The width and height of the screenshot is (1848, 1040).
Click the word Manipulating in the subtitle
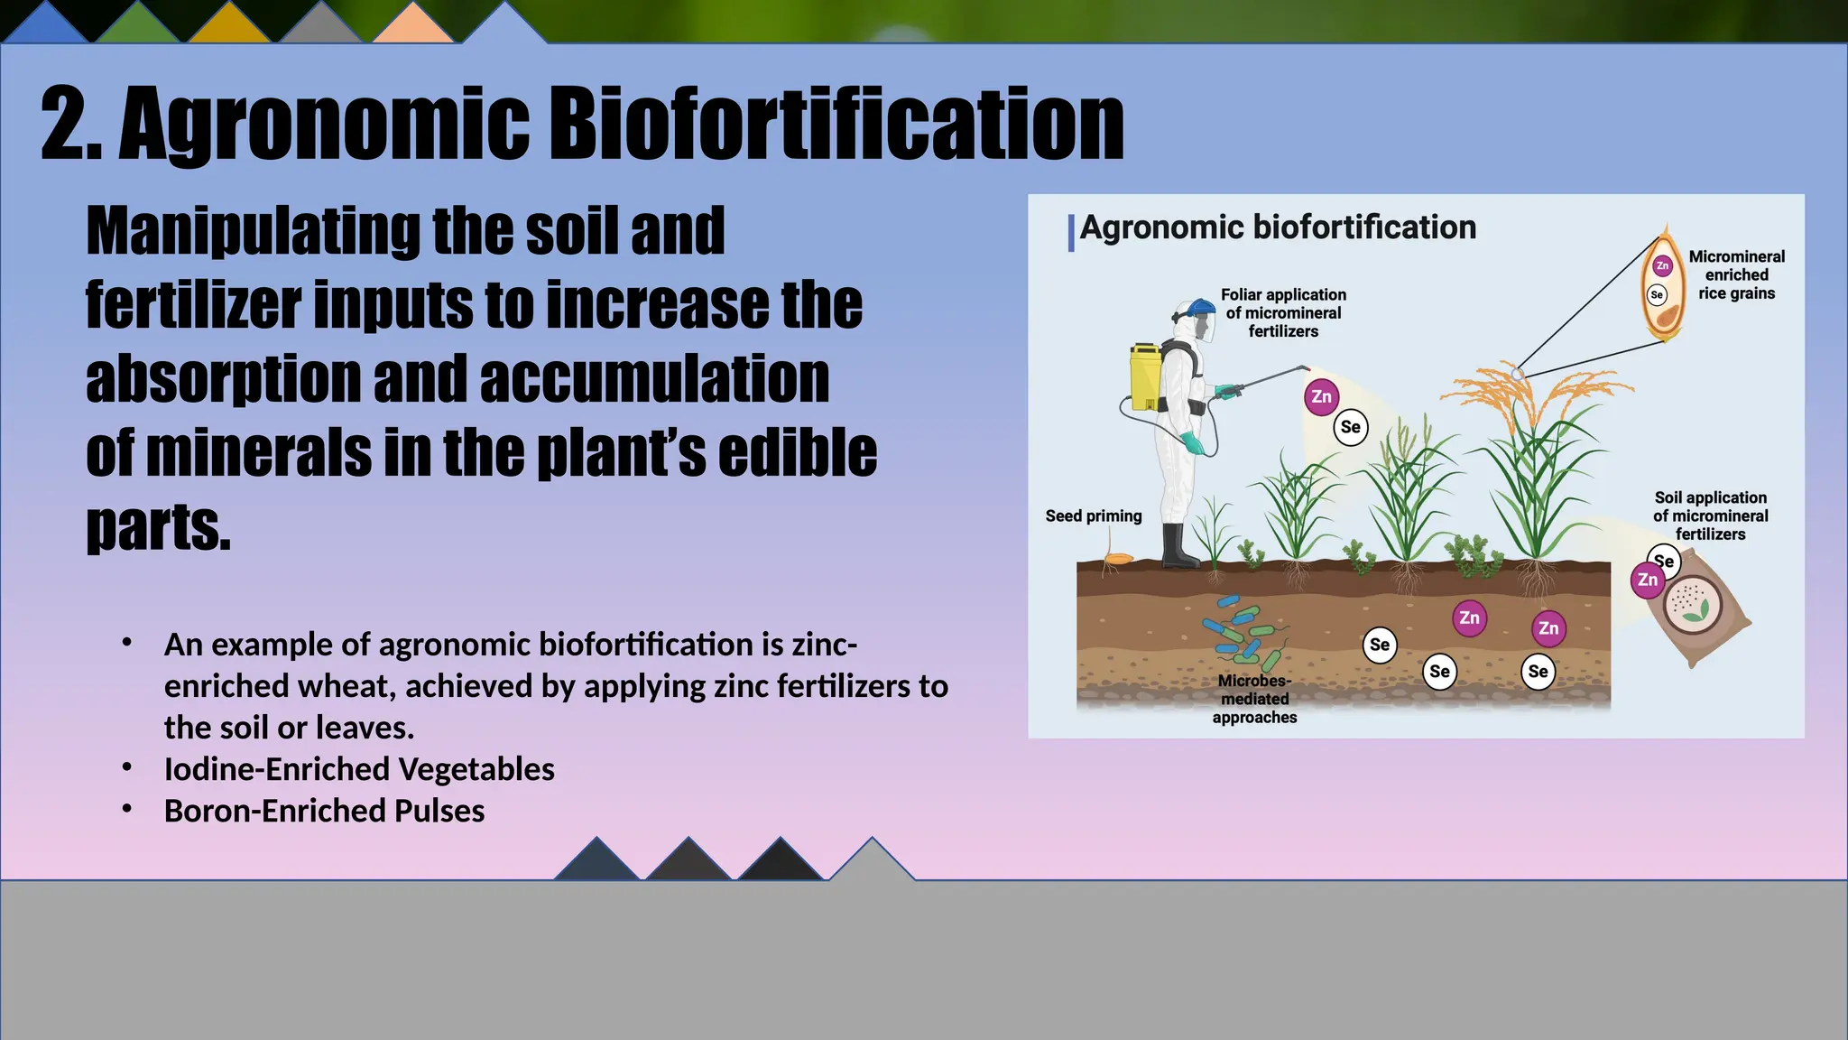click(252, 231)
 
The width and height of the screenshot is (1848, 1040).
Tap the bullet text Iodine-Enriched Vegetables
click(358, 769)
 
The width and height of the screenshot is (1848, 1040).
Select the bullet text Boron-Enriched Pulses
click(324, 811)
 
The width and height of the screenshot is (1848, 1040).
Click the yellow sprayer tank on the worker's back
click(1145, 376)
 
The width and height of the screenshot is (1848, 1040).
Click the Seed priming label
click(1093, 515)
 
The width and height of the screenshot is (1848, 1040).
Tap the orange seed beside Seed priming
click(1118, 559)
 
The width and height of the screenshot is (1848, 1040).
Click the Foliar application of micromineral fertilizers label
click(1283, 312)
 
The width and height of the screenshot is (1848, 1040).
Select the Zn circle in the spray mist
click(1321, 396)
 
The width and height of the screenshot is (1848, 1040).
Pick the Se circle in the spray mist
click(1350, 427)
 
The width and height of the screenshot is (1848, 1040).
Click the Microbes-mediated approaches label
click(1254, 699)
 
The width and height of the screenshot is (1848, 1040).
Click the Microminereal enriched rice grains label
click(1736, 274)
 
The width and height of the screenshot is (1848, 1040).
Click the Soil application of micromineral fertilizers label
click(1710, 515)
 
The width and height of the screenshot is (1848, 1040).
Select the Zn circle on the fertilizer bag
click(1647, 580)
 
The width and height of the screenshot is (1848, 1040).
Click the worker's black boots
click(1178, 548)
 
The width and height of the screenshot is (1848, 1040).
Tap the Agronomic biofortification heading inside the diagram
click(1277, 227)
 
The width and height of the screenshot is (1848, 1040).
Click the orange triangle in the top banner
click(412, 24)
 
